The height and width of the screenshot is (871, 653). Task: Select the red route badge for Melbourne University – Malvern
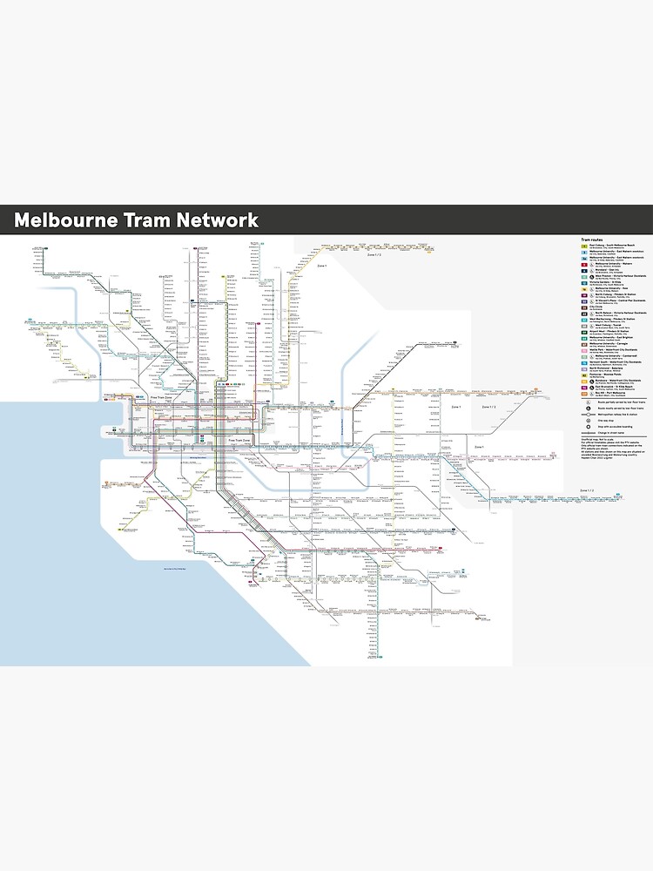click(x=586, y=265)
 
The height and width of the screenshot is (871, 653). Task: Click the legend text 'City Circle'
click(x=596, y=306)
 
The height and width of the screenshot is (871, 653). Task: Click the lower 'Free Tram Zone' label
click(x=239, y=441)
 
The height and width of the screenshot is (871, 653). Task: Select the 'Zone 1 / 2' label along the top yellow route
click(x=374, y=254)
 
